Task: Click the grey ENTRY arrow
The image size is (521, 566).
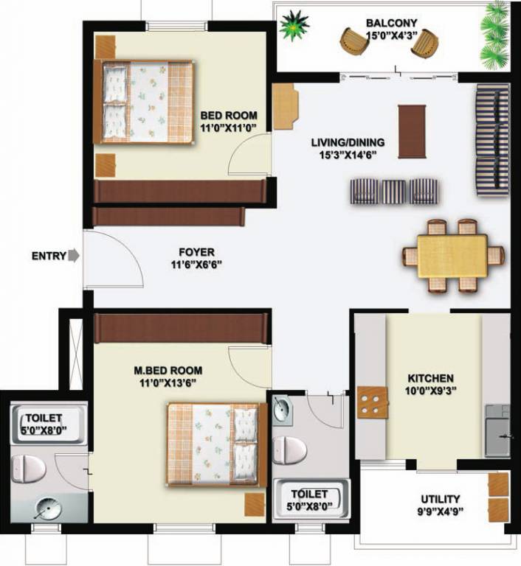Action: click(x=73, y=256)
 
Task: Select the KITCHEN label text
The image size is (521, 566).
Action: click(x=431, y=378)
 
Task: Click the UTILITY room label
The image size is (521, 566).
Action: click(x=441, y=499)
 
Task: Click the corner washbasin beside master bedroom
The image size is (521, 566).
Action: click(x=281, y=409)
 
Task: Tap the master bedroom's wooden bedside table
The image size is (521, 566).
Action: click(x=255, y=505)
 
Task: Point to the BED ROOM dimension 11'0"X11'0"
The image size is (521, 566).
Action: click(x=229, y=127)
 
